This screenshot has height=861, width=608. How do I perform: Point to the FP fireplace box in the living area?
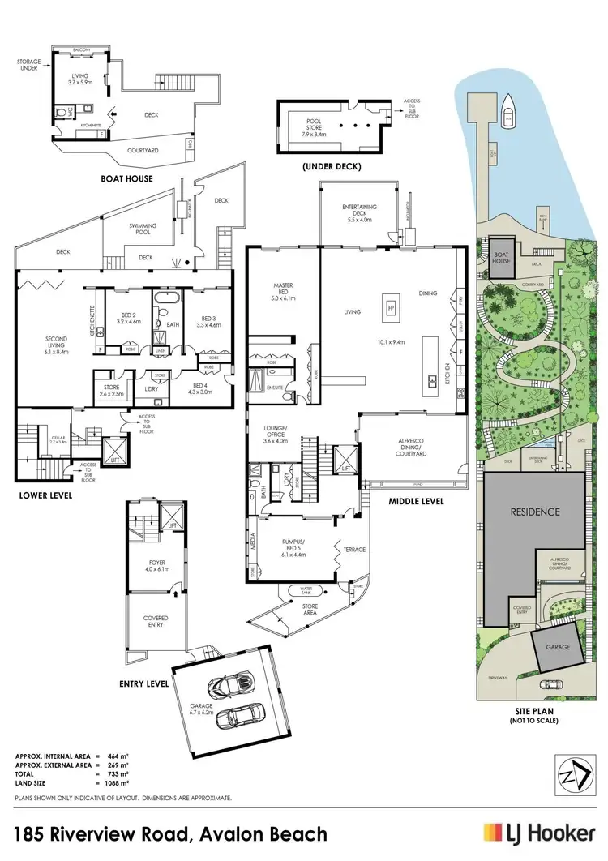[x=391, y=309]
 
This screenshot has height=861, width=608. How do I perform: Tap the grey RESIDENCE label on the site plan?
[x=534, y=512]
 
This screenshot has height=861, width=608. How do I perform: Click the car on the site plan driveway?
[x=549, y=684]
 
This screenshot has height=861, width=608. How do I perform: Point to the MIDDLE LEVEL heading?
[x=417, y=501]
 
